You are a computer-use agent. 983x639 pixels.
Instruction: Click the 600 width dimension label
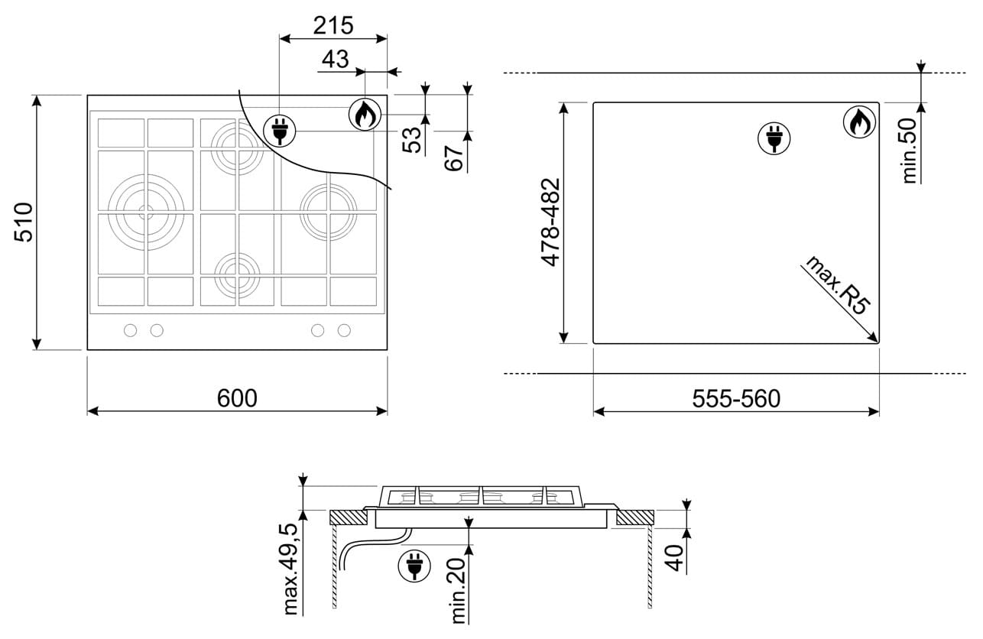(237, 398)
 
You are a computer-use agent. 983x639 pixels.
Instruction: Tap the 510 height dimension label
(24, 222)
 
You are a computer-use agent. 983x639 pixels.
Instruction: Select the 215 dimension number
(333, 25)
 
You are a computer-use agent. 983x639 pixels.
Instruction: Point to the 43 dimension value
(336, 60)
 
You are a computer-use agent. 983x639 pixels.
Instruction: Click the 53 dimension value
(412, 140)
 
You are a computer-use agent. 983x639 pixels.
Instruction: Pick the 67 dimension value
(454, 157)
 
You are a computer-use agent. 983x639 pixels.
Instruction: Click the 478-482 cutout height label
(550, 222)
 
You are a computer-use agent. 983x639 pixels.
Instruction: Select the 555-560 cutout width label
(736, 398)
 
